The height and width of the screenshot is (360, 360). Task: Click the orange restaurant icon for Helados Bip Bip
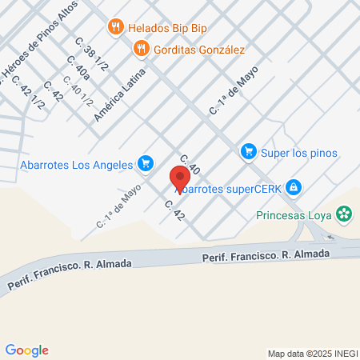[117, 27]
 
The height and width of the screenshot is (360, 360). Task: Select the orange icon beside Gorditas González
[142, 48]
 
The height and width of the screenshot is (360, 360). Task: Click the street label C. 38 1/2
[88, 50]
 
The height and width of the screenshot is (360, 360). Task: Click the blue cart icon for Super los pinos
[249, 151]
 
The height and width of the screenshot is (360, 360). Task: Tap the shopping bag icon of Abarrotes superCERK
[294, 187]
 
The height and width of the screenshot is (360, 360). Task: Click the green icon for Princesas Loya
[344, 214]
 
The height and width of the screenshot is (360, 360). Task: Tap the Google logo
[26, 350]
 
